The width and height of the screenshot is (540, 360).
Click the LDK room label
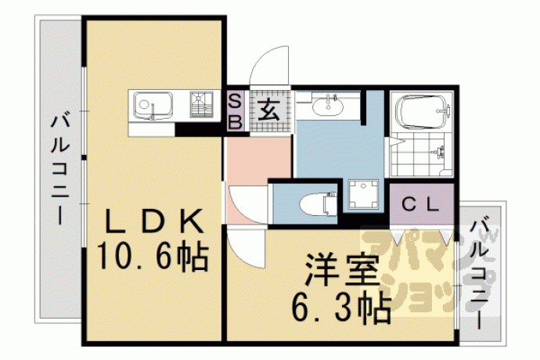coord(154,221)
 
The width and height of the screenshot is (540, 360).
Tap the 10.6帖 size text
coord(153,257)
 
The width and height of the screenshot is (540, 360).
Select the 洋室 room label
coord(342,271)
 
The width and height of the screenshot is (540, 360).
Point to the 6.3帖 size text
coord(342,308)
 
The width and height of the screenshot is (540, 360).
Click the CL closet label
coord(421,204)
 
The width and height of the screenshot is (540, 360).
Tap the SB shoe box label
coord(236,111)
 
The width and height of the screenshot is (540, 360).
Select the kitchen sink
coord(153,105)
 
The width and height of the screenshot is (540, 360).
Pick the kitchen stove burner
coord(201,104)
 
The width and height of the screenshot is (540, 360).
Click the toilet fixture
coord(319,204)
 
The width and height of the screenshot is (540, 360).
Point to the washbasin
coord(327,105)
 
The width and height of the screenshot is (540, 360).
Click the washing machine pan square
coord(363,194)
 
